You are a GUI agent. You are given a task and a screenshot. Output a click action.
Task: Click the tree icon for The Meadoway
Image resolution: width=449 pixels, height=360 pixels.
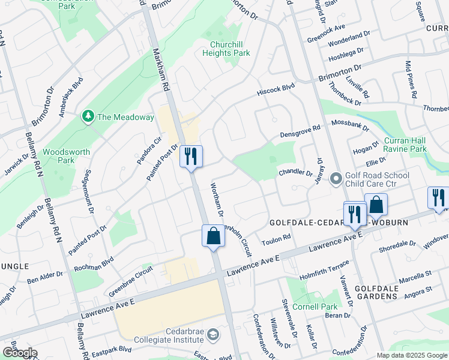pos(88,116)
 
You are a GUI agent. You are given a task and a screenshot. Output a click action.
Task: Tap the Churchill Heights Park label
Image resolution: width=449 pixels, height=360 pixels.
pos(230,49)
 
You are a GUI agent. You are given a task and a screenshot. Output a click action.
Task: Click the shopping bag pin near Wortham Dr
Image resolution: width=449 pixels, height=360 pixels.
pos(213,236)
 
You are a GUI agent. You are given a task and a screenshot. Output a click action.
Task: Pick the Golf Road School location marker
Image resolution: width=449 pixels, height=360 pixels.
pos(335,179)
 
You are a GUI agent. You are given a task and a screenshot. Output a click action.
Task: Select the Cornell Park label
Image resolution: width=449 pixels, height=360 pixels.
pos(321,307)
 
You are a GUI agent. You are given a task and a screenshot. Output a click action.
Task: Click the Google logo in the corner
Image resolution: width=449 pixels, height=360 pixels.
pos(20,353)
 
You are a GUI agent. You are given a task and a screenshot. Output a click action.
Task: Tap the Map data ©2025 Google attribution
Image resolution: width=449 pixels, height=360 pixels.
pos(411,355)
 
